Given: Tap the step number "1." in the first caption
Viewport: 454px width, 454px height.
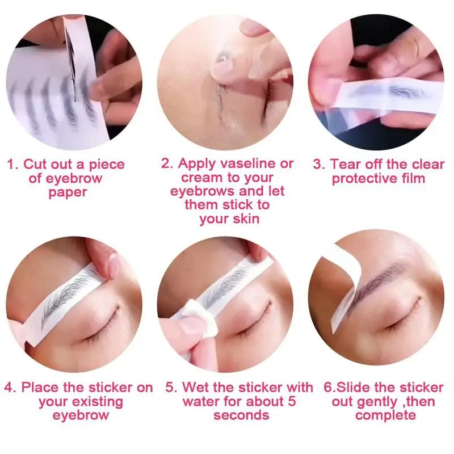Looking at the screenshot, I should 13,165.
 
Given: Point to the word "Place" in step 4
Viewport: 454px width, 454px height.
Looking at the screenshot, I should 40,388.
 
